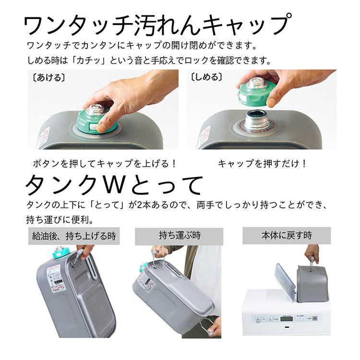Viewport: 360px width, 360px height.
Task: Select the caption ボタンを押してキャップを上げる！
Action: [105, 163]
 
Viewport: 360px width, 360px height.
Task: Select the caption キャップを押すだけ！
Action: [262, 163]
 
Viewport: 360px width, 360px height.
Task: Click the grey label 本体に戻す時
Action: [287, 236]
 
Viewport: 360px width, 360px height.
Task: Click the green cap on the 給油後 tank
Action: [61, 253]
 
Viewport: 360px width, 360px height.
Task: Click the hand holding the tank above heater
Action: [312, 253]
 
